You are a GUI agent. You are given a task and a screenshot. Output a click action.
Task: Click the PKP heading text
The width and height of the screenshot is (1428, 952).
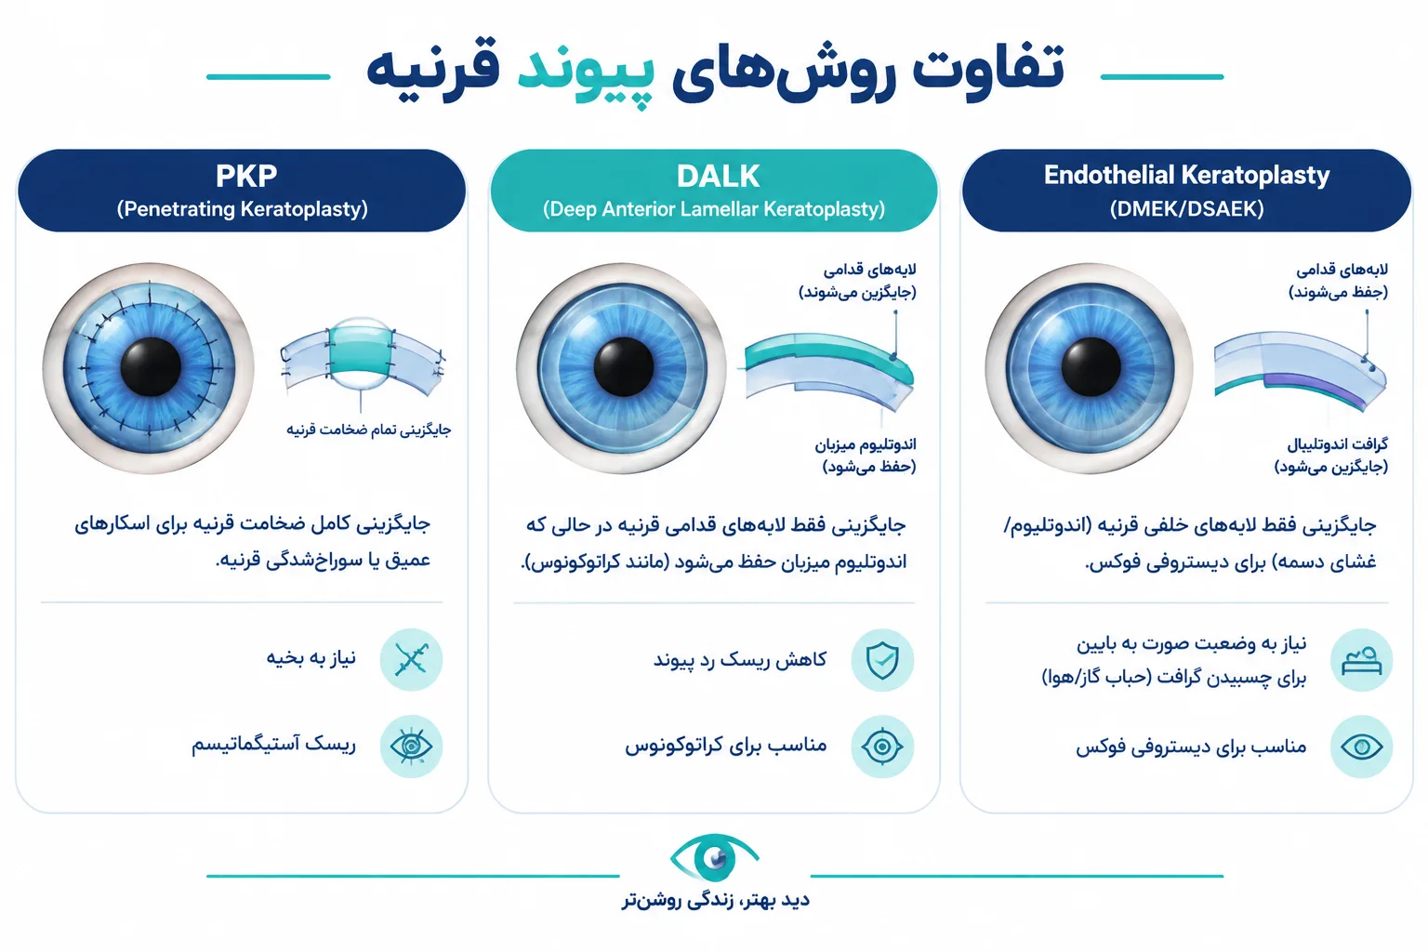[x=246, y=176]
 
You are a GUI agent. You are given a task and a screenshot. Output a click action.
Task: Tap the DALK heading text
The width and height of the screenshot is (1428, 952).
[x=718, y=176]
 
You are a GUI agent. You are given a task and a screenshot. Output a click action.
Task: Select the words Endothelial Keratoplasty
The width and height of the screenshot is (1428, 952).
[x=1186, y=176]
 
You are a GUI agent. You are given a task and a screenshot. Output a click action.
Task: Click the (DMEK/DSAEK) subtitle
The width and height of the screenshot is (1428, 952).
[x=1186, y=209]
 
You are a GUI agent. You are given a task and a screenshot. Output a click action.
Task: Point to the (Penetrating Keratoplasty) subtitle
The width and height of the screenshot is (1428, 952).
[x=243, y=209]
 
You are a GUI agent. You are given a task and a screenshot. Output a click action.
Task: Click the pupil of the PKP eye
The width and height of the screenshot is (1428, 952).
[x=151, y=367]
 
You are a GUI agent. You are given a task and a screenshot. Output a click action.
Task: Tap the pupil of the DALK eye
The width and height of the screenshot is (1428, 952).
[x=624, y=367]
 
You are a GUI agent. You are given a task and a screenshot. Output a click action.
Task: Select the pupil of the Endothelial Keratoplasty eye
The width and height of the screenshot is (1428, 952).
[x=1091, y=367]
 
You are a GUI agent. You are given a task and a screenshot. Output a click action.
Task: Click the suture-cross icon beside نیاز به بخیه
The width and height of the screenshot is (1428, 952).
[x=411, y=659]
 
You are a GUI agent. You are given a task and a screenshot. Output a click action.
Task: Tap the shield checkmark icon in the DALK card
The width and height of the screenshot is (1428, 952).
[x=882, y=660]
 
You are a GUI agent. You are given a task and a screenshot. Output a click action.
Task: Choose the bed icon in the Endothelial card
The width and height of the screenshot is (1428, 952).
[x=1361, y=660]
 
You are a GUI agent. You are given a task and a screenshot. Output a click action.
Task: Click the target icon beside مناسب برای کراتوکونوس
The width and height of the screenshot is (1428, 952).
[x=882, y=746]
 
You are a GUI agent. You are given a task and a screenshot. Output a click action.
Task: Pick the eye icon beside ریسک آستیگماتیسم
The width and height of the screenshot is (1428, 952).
[x=411, y=746]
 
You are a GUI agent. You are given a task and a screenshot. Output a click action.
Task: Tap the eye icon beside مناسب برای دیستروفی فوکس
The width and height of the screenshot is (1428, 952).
[x=1361, y=746]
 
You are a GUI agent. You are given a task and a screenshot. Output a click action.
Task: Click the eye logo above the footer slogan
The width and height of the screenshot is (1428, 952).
[x=714, y=857]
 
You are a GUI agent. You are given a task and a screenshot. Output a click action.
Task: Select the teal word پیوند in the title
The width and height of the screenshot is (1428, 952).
[x=585, y=74]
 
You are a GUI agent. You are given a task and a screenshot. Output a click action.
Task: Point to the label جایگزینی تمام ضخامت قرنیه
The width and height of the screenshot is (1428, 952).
[x=368, y=430]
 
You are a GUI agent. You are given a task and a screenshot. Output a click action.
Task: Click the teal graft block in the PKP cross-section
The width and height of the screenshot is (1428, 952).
[x=360, y=351]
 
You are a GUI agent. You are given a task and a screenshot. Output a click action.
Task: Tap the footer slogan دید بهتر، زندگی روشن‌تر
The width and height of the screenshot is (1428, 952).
[x=715, y=900]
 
